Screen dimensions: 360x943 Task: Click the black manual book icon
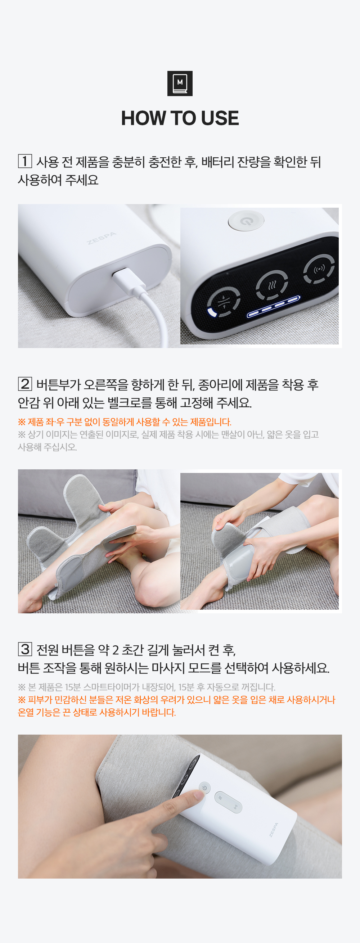click(180, 84)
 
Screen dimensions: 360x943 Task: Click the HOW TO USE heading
click(180, 118)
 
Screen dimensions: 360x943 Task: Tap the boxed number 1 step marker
click(25, 161)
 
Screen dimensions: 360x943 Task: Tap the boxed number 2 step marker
click(25, 384)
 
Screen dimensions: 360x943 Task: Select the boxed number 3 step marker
click(25, 649)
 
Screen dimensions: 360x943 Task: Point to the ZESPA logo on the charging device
click(102, 238)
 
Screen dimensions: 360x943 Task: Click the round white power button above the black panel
click(246, 220)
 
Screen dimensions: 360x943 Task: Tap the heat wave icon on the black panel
click(271, 285)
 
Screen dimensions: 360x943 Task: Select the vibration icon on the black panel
click(319, 270)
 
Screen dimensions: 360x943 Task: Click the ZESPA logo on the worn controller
click(274, 830)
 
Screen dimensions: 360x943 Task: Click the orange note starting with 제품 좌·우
click(125, 422)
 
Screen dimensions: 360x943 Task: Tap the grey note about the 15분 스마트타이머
click(147, 687)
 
